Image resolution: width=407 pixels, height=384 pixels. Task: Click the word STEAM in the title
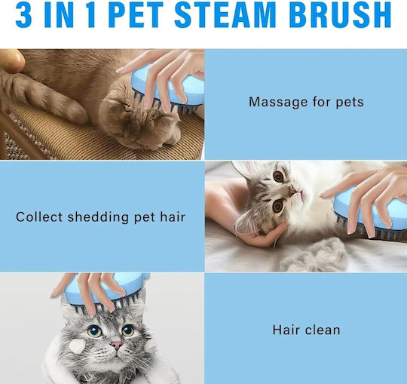(x=225, y=15)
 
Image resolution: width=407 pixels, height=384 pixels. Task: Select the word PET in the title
(x=135, y=15)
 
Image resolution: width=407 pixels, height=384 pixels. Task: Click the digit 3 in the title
(x=23, y=15)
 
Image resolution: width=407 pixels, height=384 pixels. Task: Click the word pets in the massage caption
(x=350, y=103)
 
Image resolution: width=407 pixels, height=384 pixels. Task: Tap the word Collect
(x=39, y=217)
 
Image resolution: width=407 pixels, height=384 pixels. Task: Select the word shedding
(x=98, y=217)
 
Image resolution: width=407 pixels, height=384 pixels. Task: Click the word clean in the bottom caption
(x=323, y=330)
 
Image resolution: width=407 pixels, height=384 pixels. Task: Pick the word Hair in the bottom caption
(x=286, y=330)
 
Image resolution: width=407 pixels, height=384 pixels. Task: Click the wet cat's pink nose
(x=116, y=346)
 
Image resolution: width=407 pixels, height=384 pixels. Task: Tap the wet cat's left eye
(x=94, y=330)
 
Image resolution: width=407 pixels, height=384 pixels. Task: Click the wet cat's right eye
(x=128, y=330)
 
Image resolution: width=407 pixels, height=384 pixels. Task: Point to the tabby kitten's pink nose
(x=292, y=192)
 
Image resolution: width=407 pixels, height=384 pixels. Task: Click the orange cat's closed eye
(x=127, y=106)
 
